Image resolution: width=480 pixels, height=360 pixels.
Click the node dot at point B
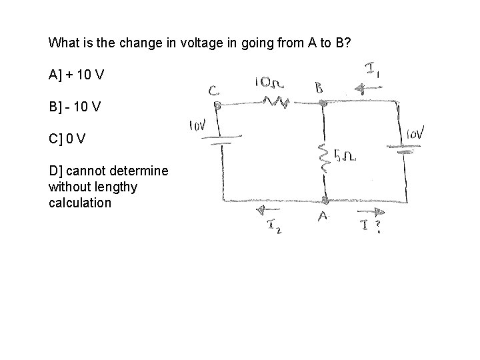click(323, 103)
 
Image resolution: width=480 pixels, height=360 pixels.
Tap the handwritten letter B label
click(320, 87)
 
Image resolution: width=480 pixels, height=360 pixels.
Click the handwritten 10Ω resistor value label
click(270, 83)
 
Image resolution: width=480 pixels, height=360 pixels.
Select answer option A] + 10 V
click(76, 74)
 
